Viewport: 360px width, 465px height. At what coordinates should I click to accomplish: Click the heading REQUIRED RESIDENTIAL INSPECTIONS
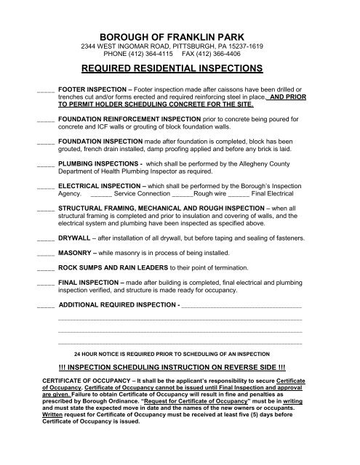[180, 70]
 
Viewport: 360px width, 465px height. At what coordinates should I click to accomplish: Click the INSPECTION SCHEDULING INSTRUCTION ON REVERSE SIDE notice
[180, 368]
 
